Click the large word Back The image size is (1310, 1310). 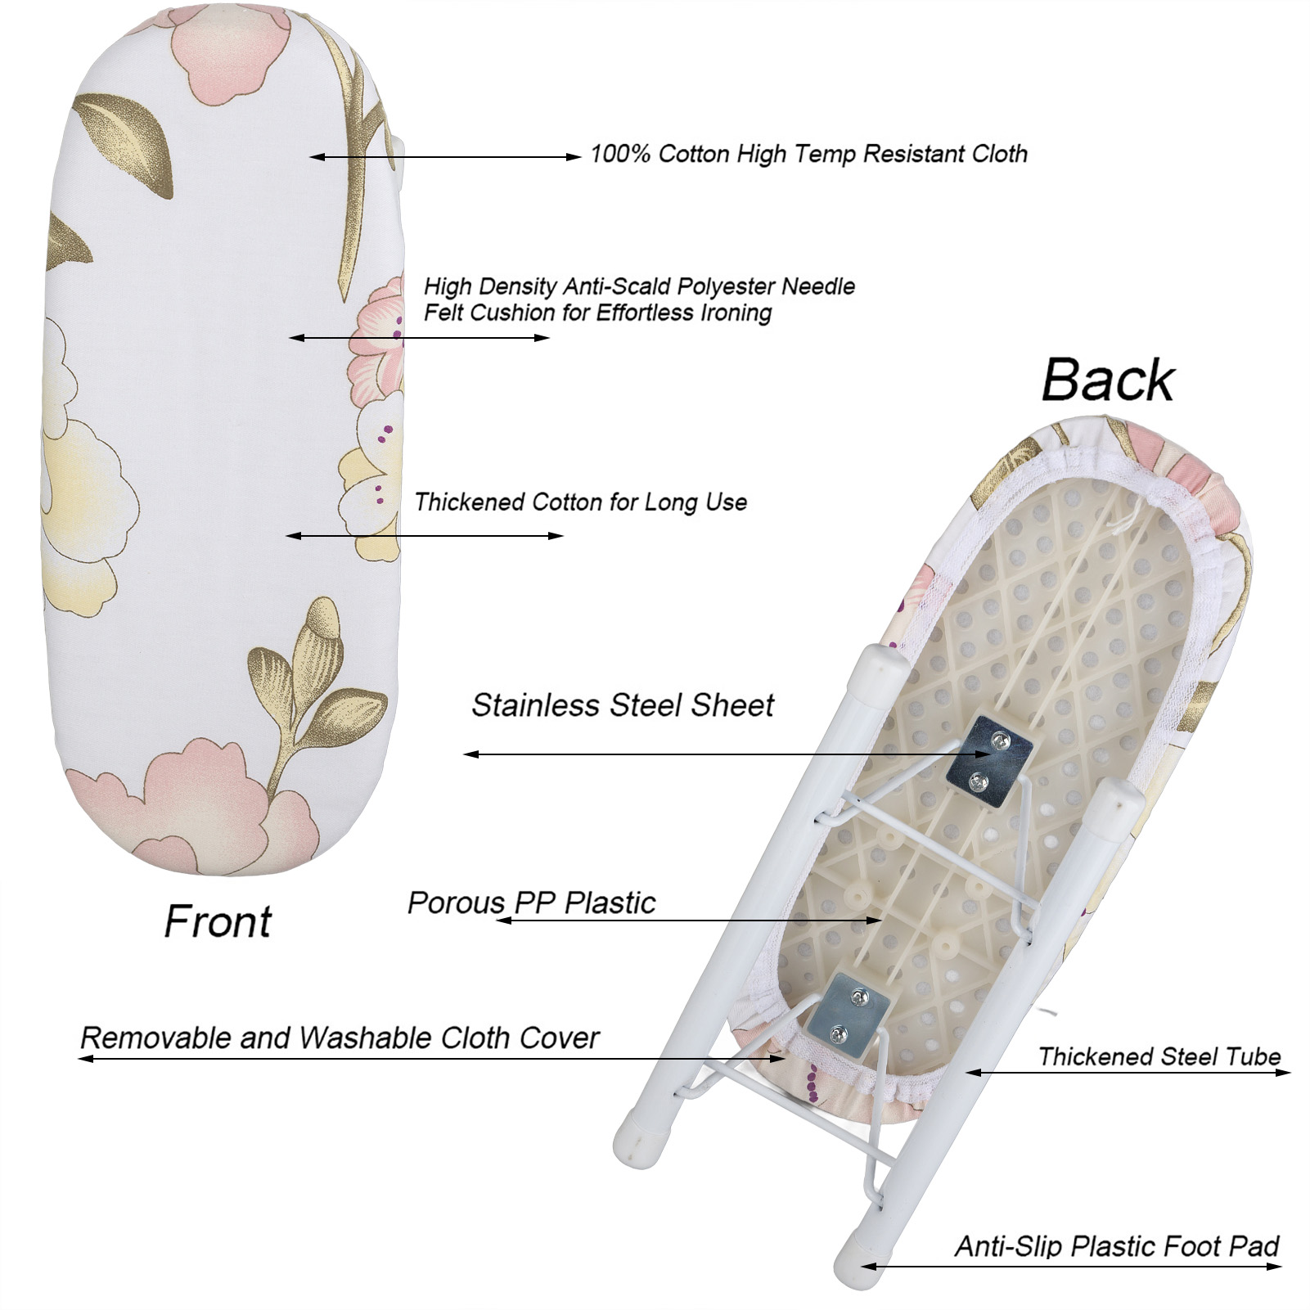pos(1107,380)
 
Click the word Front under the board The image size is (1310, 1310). pos(217,922)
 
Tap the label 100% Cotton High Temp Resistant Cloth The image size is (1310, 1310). pos(808,154)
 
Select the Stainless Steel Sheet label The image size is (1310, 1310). pos(622,705)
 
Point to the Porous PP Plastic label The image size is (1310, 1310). pos(531,903)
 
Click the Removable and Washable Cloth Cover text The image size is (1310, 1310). pos(340,1038)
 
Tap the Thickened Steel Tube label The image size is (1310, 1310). pos(1159,1056)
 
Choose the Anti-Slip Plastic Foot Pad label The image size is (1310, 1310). pos(1116,1247)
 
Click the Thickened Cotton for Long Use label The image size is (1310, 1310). pos(580,502)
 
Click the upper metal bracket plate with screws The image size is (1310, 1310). pos(988,762)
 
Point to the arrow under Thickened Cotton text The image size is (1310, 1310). pos(425,536)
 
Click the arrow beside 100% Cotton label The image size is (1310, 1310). pos(445,156)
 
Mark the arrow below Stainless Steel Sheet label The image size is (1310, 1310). pos(712,754)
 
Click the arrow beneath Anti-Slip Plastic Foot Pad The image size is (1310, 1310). pos(1072,1267)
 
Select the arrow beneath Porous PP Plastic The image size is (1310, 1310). pos(687,921)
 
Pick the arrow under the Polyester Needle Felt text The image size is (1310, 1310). pos(419,337)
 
